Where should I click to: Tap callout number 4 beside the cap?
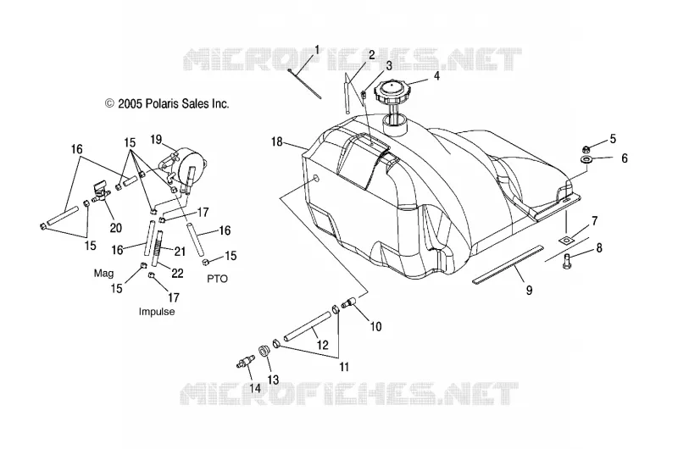[x=436, y=76]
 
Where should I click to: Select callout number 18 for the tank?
[x=277, y=141]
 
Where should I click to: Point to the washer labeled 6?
[x=586, y=161]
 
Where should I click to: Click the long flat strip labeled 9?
[x=507, y=264]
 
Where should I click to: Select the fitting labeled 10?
[x=348, y=302]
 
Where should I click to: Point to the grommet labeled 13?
[x=264, y=350]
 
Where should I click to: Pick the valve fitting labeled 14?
[x=245, y=361]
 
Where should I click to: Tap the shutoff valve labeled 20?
[x=100, y=193]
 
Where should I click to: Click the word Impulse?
[x=157, y=312]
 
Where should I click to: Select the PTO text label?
[x=217, y=279]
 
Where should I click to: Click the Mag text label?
[x=103, y=273]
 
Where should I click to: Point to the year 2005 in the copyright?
[x=130, y=103]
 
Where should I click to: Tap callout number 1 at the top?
[x=316, y=50]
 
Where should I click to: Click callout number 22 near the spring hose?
[x=177, y=273]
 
